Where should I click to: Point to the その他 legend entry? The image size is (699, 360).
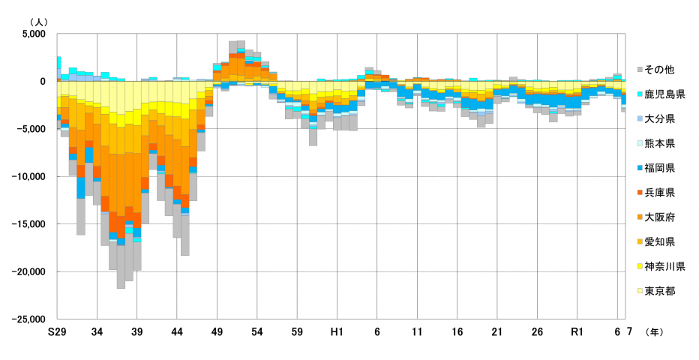click(x=660, y=70)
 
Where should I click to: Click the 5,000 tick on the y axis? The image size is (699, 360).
click(x=34, y=34)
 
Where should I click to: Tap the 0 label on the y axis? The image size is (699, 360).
click(x=43, y=82)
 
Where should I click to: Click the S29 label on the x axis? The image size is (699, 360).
click(x=56, y=331)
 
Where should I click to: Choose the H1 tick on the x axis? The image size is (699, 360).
click(x=337, y=331)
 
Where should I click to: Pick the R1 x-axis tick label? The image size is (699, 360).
click(x=577, y=331)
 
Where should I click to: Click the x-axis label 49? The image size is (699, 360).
click(x=217, y=331)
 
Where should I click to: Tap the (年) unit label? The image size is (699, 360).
click(x=653, y=331)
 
